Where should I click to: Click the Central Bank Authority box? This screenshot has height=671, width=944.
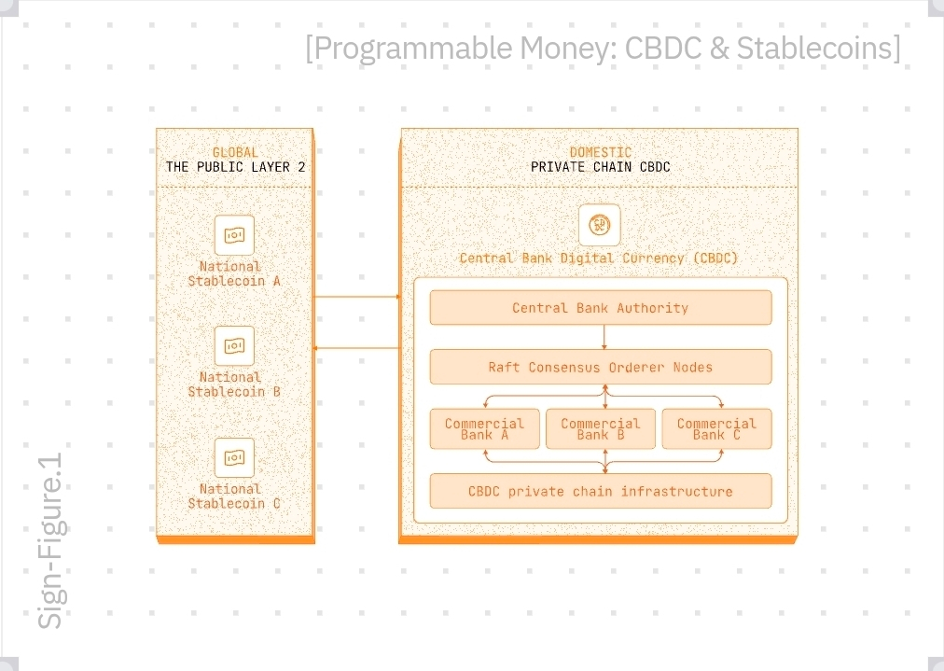coord(600,308)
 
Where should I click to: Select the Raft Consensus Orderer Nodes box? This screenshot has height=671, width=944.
coord(600,367)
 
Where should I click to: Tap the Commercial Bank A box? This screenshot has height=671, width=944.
coord(484,428)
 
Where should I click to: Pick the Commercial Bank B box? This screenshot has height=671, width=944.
coord(600,428)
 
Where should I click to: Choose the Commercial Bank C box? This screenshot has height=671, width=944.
coord(716,428)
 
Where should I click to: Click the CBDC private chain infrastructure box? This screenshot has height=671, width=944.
coord(600,491)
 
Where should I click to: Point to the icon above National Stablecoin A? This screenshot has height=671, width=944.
coord(234,235)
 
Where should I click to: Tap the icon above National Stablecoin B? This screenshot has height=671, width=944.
coord(234,346)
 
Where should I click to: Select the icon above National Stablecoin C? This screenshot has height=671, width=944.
coord(234,457)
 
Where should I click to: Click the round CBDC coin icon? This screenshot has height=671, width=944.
coord(599,225)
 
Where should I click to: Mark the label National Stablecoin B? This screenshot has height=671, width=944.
coord(234,384)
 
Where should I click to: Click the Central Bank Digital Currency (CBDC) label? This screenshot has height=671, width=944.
coord(599,258)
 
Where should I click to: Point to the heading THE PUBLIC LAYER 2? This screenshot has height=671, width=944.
coord(235,167)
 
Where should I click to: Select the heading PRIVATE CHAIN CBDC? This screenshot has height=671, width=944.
coord(600,167)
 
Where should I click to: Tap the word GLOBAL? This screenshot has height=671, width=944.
coord(235,152)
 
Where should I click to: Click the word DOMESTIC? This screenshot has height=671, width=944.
coord(600,152)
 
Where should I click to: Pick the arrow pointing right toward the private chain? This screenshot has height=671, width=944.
coord(357,297)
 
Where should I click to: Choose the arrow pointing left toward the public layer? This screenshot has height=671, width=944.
coord(357,348)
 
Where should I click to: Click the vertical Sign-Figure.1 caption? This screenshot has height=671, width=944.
coord(50,540)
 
